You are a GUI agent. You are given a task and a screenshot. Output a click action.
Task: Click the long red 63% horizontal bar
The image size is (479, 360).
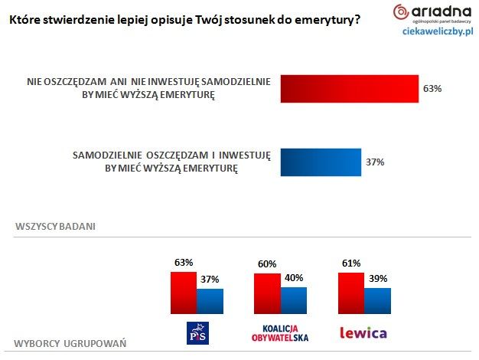coord(350,89)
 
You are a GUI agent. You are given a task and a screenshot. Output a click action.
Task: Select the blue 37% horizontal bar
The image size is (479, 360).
coord(321,162)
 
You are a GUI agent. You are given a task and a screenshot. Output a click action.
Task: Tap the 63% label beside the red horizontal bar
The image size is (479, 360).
coord(432,89)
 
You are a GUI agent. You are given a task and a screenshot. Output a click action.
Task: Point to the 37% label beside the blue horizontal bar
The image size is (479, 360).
coord(375,162)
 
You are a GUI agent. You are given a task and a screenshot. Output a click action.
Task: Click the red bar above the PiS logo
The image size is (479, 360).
coord(184,292)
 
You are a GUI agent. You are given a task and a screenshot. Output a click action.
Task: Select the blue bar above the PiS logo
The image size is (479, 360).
coord(210,300)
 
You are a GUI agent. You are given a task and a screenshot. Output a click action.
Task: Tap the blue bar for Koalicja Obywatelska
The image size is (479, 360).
coord(293,299)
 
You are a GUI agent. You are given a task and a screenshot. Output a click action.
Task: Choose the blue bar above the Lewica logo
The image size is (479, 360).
coord(376,300)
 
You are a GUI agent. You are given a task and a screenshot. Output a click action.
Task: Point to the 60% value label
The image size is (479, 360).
coord(267,265)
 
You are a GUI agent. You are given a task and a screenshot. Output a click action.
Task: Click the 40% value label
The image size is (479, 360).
coord(294,278)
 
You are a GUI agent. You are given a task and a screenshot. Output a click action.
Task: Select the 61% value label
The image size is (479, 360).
coord(350,264)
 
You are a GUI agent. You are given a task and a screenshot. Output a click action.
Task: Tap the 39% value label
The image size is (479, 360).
coord(377,279)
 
